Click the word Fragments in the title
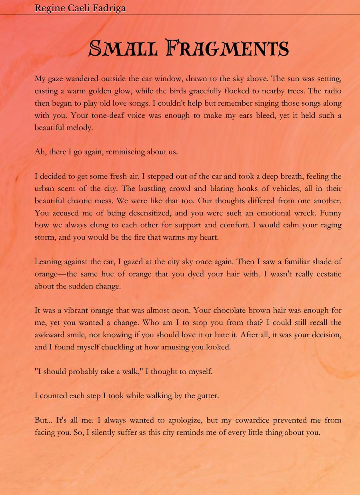tap(227, 48)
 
